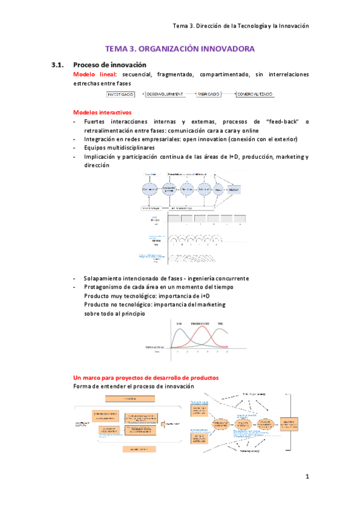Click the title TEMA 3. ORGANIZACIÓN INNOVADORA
[x=180, y=49]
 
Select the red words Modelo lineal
[x=92, y=74]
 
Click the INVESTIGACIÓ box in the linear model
[x=121, y=94]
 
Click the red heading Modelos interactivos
[x=102, y=112]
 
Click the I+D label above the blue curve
[x=179, y=324]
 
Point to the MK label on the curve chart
[x=221, y=324]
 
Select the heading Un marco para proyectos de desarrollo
[x=145, y=377]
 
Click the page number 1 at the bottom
[x=307, y=478]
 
